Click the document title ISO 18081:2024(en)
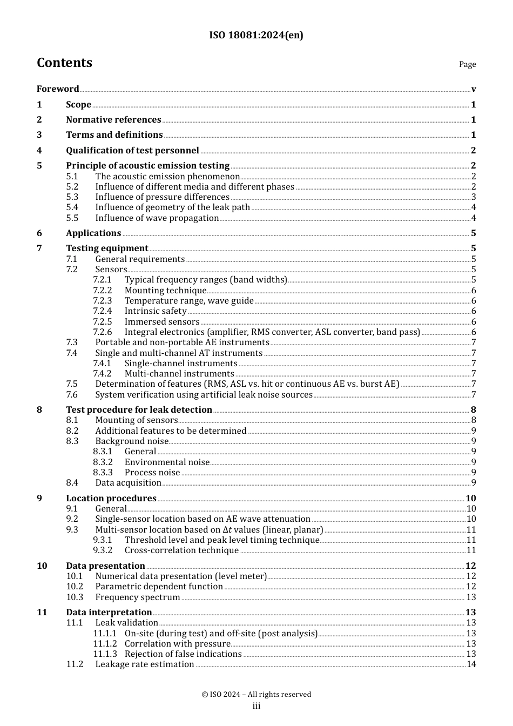click(256, 35)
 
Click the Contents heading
click(64, 63)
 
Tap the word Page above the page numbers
click(467, 64)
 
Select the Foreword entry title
click(58, 89)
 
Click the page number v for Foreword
click(473, 89)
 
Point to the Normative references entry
click(113, 120)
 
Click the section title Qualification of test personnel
click(132, 151)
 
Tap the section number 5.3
click(72, 197)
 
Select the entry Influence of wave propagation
click(157, 218)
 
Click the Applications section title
click(93, 233)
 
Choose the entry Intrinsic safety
click(156, 311)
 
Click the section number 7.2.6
click(102, 332)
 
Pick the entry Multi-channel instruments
click(179, 374)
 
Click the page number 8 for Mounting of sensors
click(474, 420)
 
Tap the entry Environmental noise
click(167, 462)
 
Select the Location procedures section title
click(111, 499)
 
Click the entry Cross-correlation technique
click(181, 550)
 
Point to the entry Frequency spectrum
click(138, 597)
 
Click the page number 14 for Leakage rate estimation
click(471, 664)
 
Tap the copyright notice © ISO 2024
click(256, 695)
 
